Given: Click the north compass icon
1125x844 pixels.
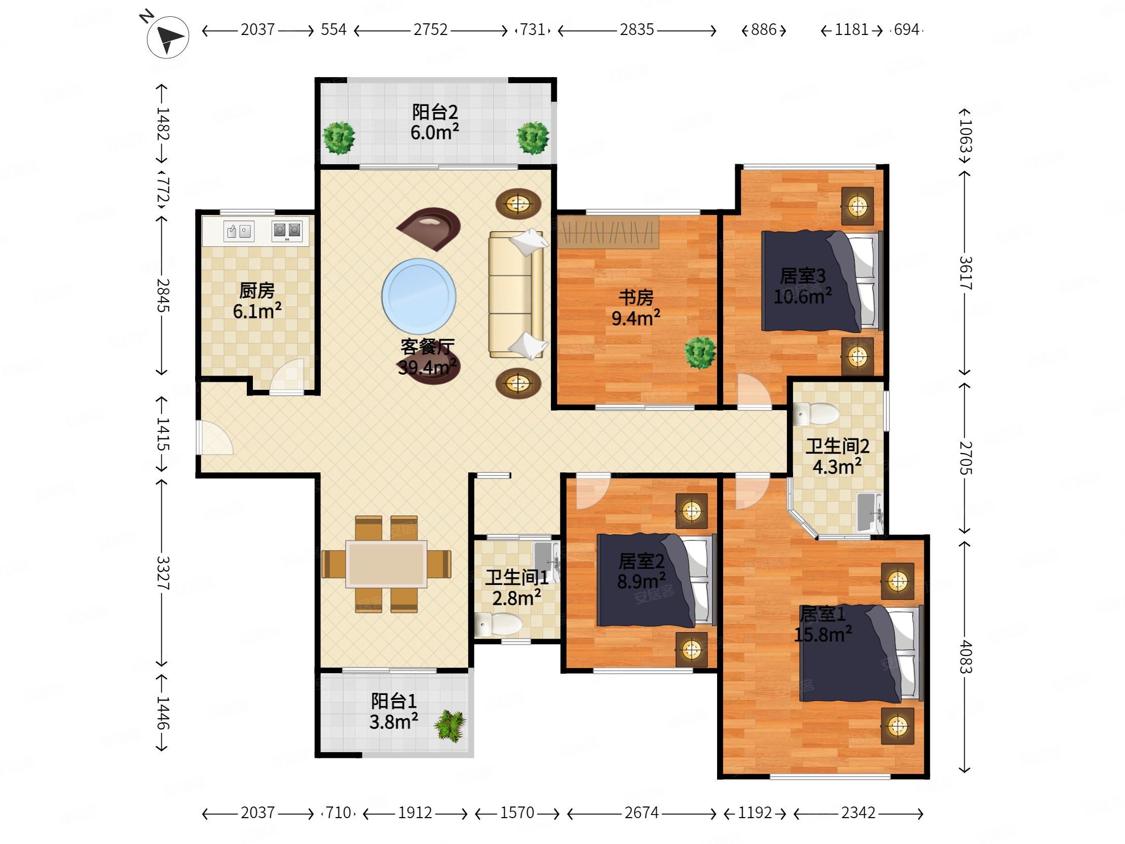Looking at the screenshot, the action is pyautogui.click(x=168, y=36).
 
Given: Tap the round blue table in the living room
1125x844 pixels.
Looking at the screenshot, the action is pyautogui.click(x=419, y=296).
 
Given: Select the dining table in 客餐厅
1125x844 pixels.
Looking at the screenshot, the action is pyautogui.click(x=386, y=564).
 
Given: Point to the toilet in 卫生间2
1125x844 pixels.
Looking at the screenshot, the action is pyautogui.click(x=816, y=414).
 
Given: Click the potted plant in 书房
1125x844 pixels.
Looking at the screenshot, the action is pyautogui.click(x=700, y=352).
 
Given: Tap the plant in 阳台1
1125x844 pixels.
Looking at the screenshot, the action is pyautogui.click(x=450, y=726).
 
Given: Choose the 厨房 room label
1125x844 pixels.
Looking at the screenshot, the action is pyautogui.click(x=257, y=291).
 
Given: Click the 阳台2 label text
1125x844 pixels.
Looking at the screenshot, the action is pyautogui.click(x=435, y=112).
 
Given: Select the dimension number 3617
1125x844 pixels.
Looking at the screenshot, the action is pyautogui.click(x=965, y=273).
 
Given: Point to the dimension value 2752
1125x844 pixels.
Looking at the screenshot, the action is pyautogui.click(x=430, y=29).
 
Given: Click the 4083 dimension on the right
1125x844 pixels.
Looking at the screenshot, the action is pyautogui.click(x=965, y=657).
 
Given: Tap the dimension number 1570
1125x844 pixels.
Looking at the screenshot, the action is pyautogui.click(x=517, y=813).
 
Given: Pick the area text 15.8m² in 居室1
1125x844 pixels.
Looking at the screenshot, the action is pyautogui.click(x=823, y=635).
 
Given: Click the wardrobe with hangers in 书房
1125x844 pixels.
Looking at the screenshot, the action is pyautogui.click(x=608, y=233).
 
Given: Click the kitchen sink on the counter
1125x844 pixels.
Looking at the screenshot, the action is pyautogui.click(x=239, y=232).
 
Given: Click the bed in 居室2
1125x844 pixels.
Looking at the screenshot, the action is pyautogui.click(x=657, y=579).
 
